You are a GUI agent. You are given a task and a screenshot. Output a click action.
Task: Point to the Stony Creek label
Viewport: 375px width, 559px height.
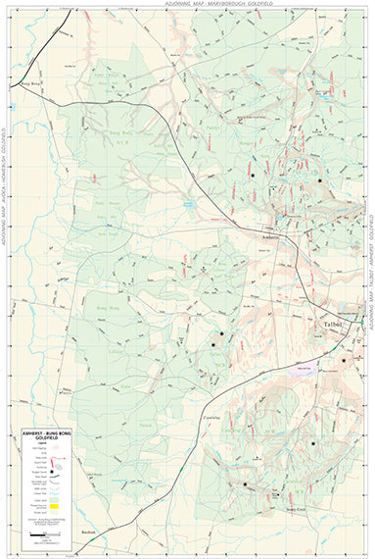[x=282, y=508]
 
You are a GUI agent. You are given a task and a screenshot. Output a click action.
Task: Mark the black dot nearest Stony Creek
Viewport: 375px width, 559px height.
[x=245, y=484]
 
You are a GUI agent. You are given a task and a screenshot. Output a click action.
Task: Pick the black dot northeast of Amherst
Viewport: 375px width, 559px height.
[x=319, y=180]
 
